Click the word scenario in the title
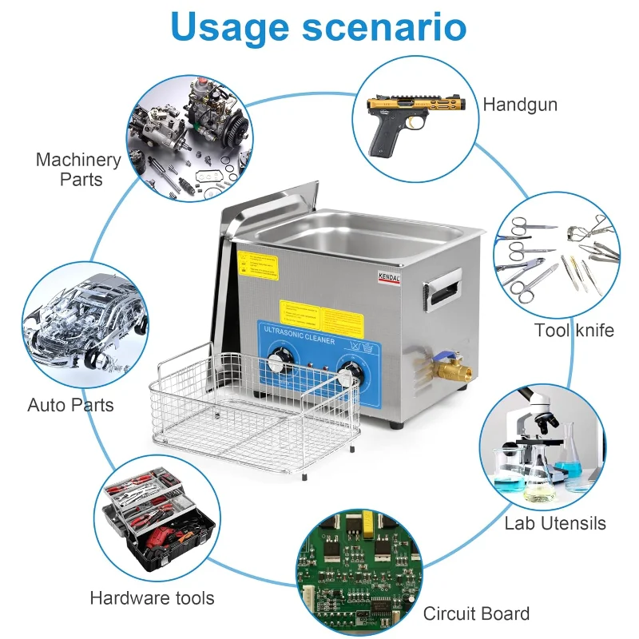click(383, 28)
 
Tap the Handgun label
click(520, 105)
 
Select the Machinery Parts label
click(78, 169)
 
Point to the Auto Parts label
click(70, 405)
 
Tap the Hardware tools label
click(152, 597)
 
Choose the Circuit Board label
click(476, 613)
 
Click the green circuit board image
click(359, 572)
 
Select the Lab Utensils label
click(555, 524)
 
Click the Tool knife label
click(574, 330)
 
